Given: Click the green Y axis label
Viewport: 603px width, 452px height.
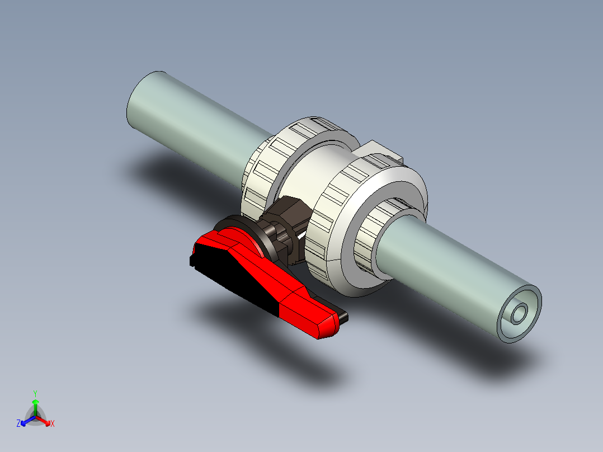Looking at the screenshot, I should coord(35,393).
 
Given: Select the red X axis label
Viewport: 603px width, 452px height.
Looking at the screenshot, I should coord(53,423).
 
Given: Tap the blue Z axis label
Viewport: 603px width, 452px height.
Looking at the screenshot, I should coord(18,423).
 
